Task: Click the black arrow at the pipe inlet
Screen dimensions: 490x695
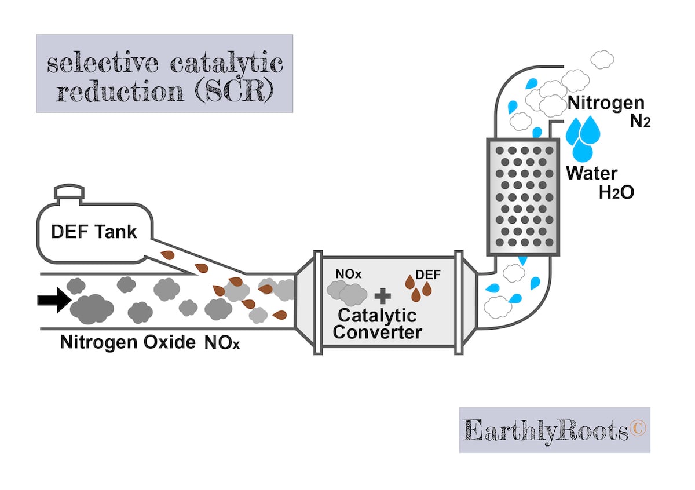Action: click(x=53, y=299)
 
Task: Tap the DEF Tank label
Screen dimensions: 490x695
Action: click(x=94, y=232)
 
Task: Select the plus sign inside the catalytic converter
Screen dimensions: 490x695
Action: click(x=382, y=297)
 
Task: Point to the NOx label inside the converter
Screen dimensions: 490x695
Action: click(x=348, y=273)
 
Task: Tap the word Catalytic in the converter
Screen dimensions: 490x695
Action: click(x=377, y=316)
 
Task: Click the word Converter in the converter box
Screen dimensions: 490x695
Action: click(x=377, y=332)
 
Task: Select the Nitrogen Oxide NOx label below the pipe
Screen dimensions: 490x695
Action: click(x=150, y=342)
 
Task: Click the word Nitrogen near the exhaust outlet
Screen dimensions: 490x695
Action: click(x=606, y=104)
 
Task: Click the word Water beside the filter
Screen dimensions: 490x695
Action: click(x=592, y=173)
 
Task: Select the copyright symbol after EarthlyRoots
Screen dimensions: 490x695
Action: click(x=637, y=429)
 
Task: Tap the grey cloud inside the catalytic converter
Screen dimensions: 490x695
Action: click(x=347, y=293)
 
